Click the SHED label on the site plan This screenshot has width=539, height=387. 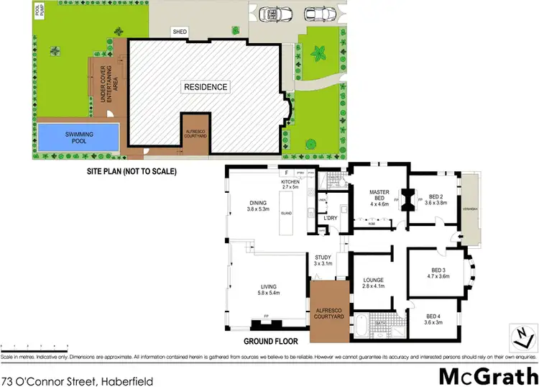pyautogui.click(x=179, y=32)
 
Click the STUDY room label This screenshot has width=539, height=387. pyautogui.click(x=321, y=260)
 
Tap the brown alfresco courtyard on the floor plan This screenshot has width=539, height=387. pyautogui.click(x=327, y=311)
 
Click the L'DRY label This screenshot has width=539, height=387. pyautogui.click(x=331, y=217)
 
